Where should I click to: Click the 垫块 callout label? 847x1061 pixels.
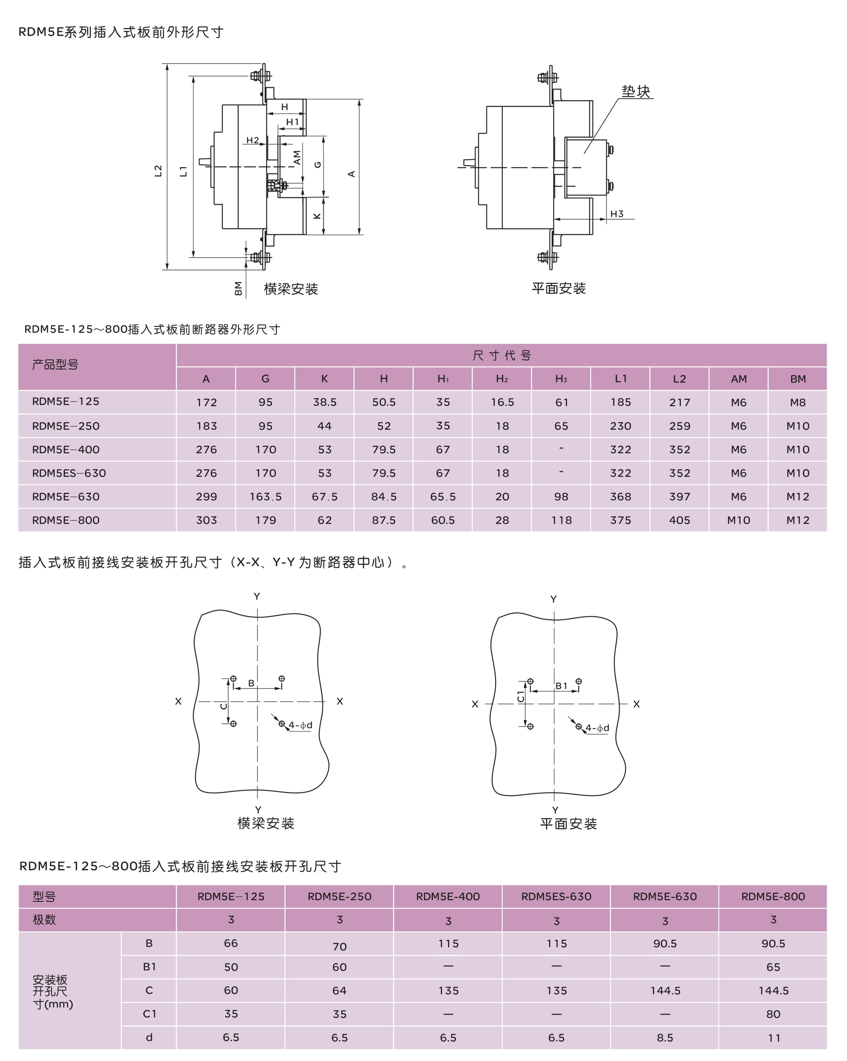point(635,91)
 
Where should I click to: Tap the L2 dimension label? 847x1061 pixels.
point(158,171)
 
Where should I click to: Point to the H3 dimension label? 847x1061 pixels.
point(617,214)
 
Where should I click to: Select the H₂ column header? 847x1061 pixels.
point(502,378)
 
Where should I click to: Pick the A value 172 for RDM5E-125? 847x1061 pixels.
point(206,402)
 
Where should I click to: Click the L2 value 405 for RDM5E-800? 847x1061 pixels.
point(680,520)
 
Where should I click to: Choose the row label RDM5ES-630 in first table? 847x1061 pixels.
point(69,473)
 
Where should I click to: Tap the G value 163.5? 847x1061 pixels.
point(266,496)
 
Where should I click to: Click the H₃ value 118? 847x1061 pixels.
point(562,520)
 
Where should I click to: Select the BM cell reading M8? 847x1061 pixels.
point(798,402)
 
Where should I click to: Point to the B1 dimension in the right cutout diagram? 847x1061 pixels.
point(562,686)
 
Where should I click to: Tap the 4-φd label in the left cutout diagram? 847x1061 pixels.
point(300,725)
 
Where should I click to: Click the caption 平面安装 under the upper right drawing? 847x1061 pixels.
point(559,288)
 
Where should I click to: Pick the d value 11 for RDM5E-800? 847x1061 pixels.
point(774,1038)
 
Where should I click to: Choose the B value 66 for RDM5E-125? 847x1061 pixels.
point(231,943)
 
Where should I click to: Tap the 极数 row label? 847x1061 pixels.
point(44,919)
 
